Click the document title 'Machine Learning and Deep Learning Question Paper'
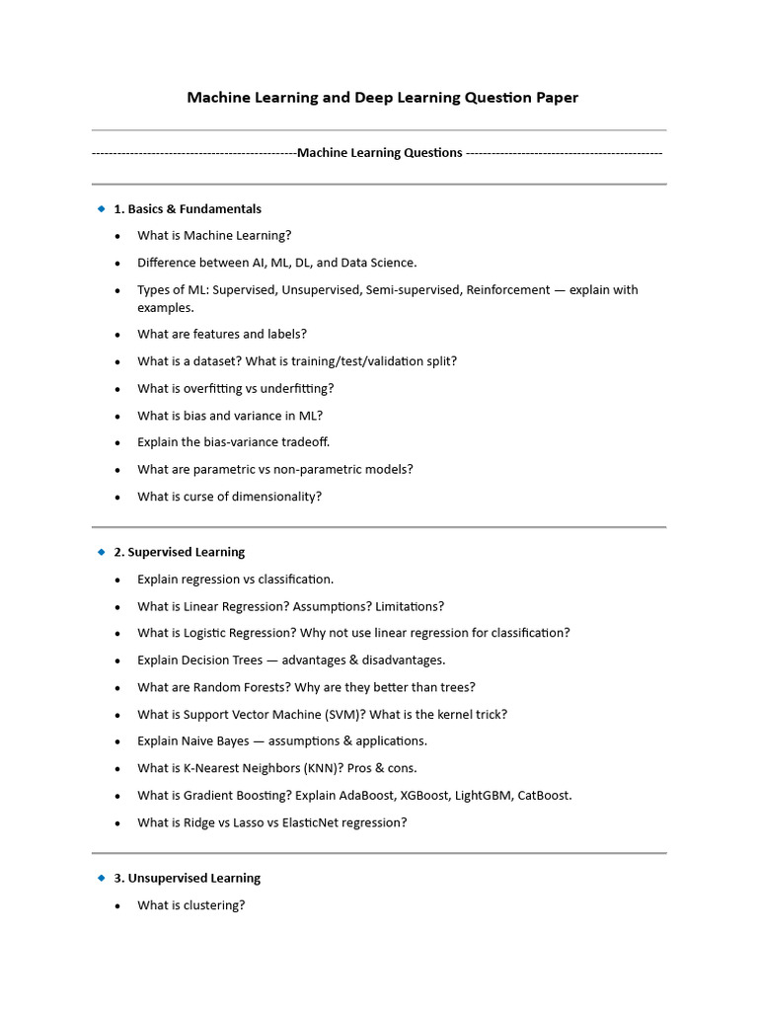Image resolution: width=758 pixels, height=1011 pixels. click(x=383, y=98)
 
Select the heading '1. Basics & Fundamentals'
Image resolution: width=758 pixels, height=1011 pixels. click(x=188, y=209)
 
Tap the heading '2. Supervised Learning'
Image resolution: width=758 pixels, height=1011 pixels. click(x=187, y=552)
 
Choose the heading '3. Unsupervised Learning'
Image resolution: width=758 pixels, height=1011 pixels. click(x=194, y=878)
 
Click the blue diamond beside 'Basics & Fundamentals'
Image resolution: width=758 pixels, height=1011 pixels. click(x=101, y=208)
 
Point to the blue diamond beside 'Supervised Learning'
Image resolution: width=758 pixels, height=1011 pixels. click(x=101, y=552)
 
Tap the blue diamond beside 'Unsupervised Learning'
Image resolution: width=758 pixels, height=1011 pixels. click(x=101, y=878)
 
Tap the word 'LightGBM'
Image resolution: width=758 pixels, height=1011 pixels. click(x=484, y=796)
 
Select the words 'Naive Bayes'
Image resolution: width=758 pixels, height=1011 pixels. click(x=218, y=741)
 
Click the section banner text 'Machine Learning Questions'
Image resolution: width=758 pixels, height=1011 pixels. click(x=380, y=153)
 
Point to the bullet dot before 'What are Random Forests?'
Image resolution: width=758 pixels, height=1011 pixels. click(x=118, y=688)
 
